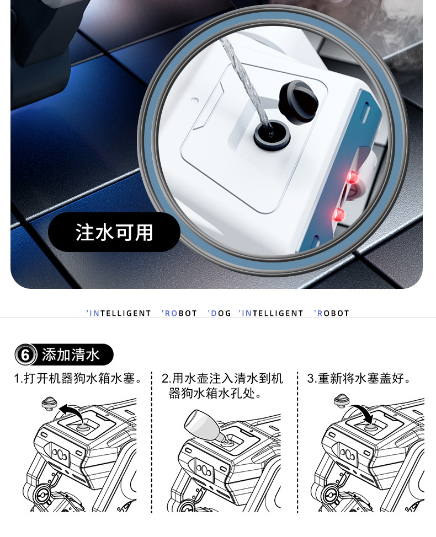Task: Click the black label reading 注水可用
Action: click(114, 232)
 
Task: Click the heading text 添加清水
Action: click(71, 355)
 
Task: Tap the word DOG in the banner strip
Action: click(220, 313)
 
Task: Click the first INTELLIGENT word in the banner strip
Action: click(119, 313)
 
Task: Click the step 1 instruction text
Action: click(78, 379)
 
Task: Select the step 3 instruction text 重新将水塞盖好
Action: click(359, 379)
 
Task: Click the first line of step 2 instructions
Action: click(222, 379)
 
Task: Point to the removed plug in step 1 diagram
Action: click(49, 403)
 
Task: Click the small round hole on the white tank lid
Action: click(194, 101)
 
